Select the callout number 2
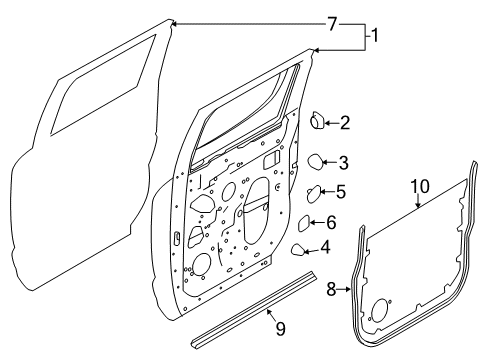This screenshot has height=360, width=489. coord(344,124)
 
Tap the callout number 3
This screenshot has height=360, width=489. coord(343,162)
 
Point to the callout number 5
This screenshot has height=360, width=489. coord(340,192)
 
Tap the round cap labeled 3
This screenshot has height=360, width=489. coord(314,160)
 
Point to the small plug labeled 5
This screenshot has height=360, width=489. coord(312,193)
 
